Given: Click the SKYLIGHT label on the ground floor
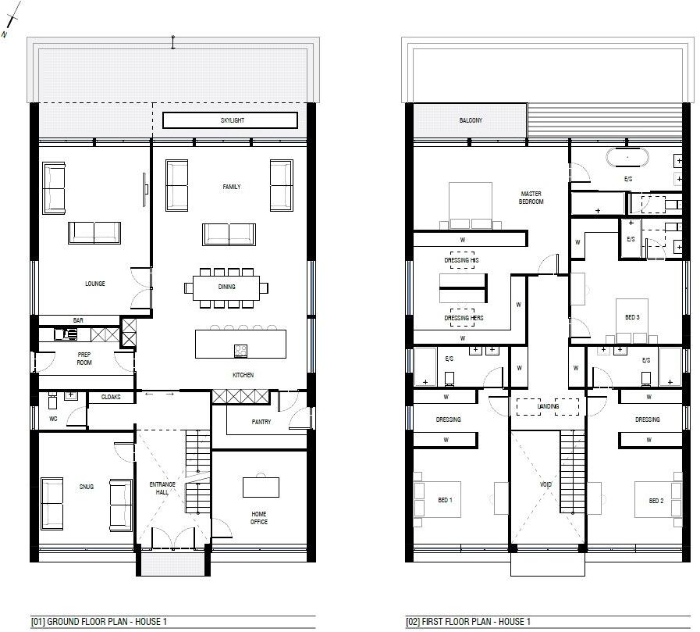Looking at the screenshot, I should (232, 120).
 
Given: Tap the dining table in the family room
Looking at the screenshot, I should (226, 287).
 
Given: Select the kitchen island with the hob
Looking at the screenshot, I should (240, 344).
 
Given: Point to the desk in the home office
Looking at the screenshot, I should (261, 487).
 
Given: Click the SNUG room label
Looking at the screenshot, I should (86, 487).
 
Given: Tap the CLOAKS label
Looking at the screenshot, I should (109, 398).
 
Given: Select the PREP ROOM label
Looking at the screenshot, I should (84, 359).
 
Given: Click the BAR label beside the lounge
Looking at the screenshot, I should (78, 320).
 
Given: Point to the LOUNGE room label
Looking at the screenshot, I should (95, 284).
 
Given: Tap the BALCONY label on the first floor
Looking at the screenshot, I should (471, 120).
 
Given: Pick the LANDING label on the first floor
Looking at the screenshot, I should (549, 407).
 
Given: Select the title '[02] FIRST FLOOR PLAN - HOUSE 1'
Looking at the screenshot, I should (468, 623).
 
